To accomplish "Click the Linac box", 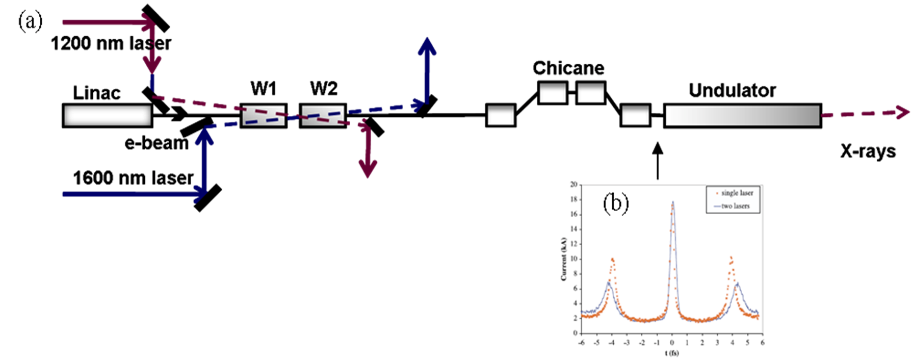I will pyautogui.click(x=107, y=116).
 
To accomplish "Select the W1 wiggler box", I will pyautogui.click(x=263, y=116).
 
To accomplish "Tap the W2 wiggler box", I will pyautogui.click(x=322, y=116).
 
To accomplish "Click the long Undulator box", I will pyautogui.click(x=742, y=116).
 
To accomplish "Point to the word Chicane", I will pyautogui.click(x=568, y=68).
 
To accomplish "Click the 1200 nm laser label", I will pyautogui.click(x=111, y=43).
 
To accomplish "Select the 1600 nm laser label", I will pyautogui.click(x=133, y=178).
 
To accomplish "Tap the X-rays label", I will pyautogui.click(x=868, y=151).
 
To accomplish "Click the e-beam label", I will pyautogui.click(x=156, y=143).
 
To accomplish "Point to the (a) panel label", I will pyautogui.click(x=30, y=22).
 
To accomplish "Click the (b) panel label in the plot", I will pyautogui.click(x=615, y=203).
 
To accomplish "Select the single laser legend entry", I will pyautogui.click(x=734, y=193).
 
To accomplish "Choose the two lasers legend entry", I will pyautogui.click(x=734, y=206).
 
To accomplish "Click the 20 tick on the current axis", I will pyautogui.click(x=573, y=185).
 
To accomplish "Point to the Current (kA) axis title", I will pyautogui.click(x=563, y=259).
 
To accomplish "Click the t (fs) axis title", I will pyautogui.click(x=671, y=353).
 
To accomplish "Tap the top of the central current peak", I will pyautogui.click(x=672, y=202).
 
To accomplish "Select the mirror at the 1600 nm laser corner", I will pyautogui.click(x=207, y=198).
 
